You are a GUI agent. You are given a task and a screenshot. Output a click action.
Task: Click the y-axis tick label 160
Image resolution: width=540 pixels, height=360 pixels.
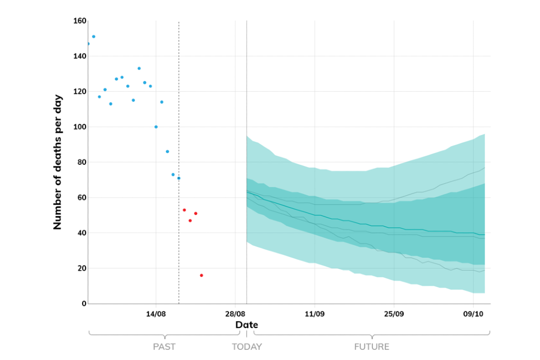tap(79, 21)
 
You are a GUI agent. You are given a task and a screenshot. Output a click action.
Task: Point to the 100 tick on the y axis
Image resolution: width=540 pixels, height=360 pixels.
tap(79, 127)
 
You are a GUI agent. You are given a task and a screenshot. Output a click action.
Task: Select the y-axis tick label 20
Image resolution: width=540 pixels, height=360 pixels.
tap(81, 268)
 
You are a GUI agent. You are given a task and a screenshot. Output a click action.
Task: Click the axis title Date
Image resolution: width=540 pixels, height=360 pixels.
tap(246, 325)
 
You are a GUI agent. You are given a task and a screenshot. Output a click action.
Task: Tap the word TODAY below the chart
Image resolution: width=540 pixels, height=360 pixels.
tap(246, 347)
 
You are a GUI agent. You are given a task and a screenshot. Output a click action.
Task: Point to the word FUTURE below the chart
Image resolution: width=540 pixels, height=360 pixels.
tap(371, 347)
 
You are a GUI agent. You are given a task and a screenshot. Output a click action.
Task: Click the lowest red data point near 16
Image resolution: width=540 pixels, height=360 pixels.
tap(201, 275)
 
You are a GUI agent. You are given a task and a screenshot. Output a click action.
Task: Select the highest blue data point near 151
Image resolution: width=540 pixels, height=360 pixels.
tap(93, 37)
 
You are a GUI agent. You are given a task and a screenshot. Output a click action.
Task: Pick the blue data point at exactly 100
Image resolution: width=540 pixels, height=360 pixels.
tap(156, 127)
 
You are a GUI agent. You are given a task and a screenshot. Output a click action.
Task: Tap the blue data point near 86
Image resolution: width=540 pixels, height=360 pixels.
tap(167, 151)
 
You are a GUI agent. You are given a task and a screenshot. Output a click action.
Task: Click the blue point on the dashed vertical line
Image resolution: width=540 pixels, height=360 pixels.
tap(179, 178)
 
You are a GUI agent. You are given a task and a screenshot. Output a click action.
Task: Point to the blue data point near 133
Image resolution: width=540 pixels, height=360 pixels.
tap(139, 69)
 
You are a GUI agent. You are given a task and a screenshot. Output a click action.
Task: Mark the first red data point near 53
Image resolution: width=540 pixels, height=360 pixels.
tap(184, 210)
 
